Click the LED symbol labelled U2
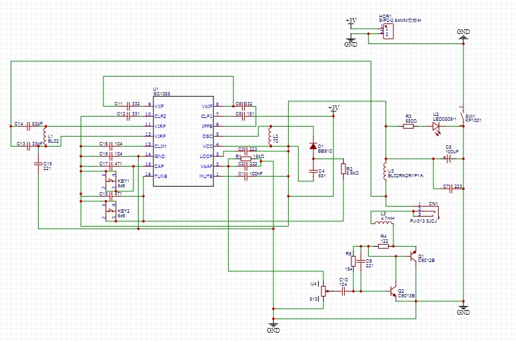pyautogui.click(x=437, y=125)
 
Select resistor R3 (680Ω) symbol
pyautogui.click(x=411, y=125)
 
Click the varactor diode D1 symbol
pyautogui.click(x=312, y=146)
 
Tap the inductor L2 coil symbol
pyautogui.click(x=271, y=139)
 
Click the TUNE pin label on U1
pyautogui.click(x=161, y=176)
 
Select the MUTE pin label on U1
pyautogui.click(x=206, y=176)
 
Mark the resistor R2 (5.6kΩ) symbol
pyautogui.click(x=343, y=170)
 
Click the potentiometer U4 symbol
pyautogui.click(x=323, y=291)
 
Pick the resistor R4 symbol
pyautogui.click(x=383, y=246)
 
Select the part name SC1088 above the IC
pyautogui.click(x=161, y=94)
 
